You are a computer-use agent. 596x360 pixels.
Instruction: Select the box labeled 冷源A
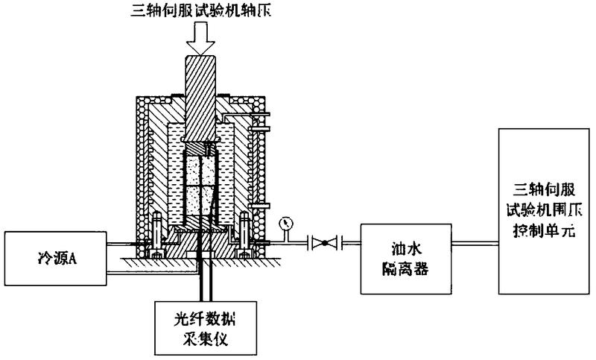tap(53, 259)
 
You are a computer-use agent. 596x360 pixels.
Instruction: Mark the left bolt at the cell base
tap(159, 231)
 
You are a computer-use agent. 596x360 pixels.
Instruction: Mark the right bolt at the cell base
tap(244, 231)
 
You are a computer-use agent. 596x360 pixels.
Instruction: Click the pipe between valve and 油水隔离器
tap(351, 242)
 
